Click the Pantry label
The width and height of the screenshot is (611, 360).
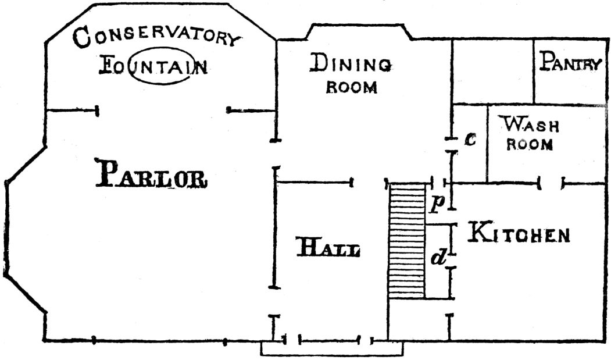(569, 62)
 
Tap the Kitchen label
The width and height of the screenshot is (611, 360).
(519, 234)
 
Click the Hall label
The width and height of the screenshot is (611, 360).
(328, 248)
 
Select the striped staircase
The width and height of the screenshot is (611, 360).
(407, 241)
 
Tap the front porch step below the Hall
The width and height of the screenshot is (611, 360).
(331, 348)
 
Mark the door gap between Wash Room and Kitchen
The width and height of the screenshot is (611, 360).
(552, 184)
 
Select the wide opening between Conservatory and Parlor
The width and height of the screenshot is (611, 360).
(163, 109)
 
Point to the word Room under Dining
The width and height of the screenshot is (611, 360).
(351, 88)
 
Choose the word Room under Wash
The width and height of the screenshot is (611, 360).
(529, 145)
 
